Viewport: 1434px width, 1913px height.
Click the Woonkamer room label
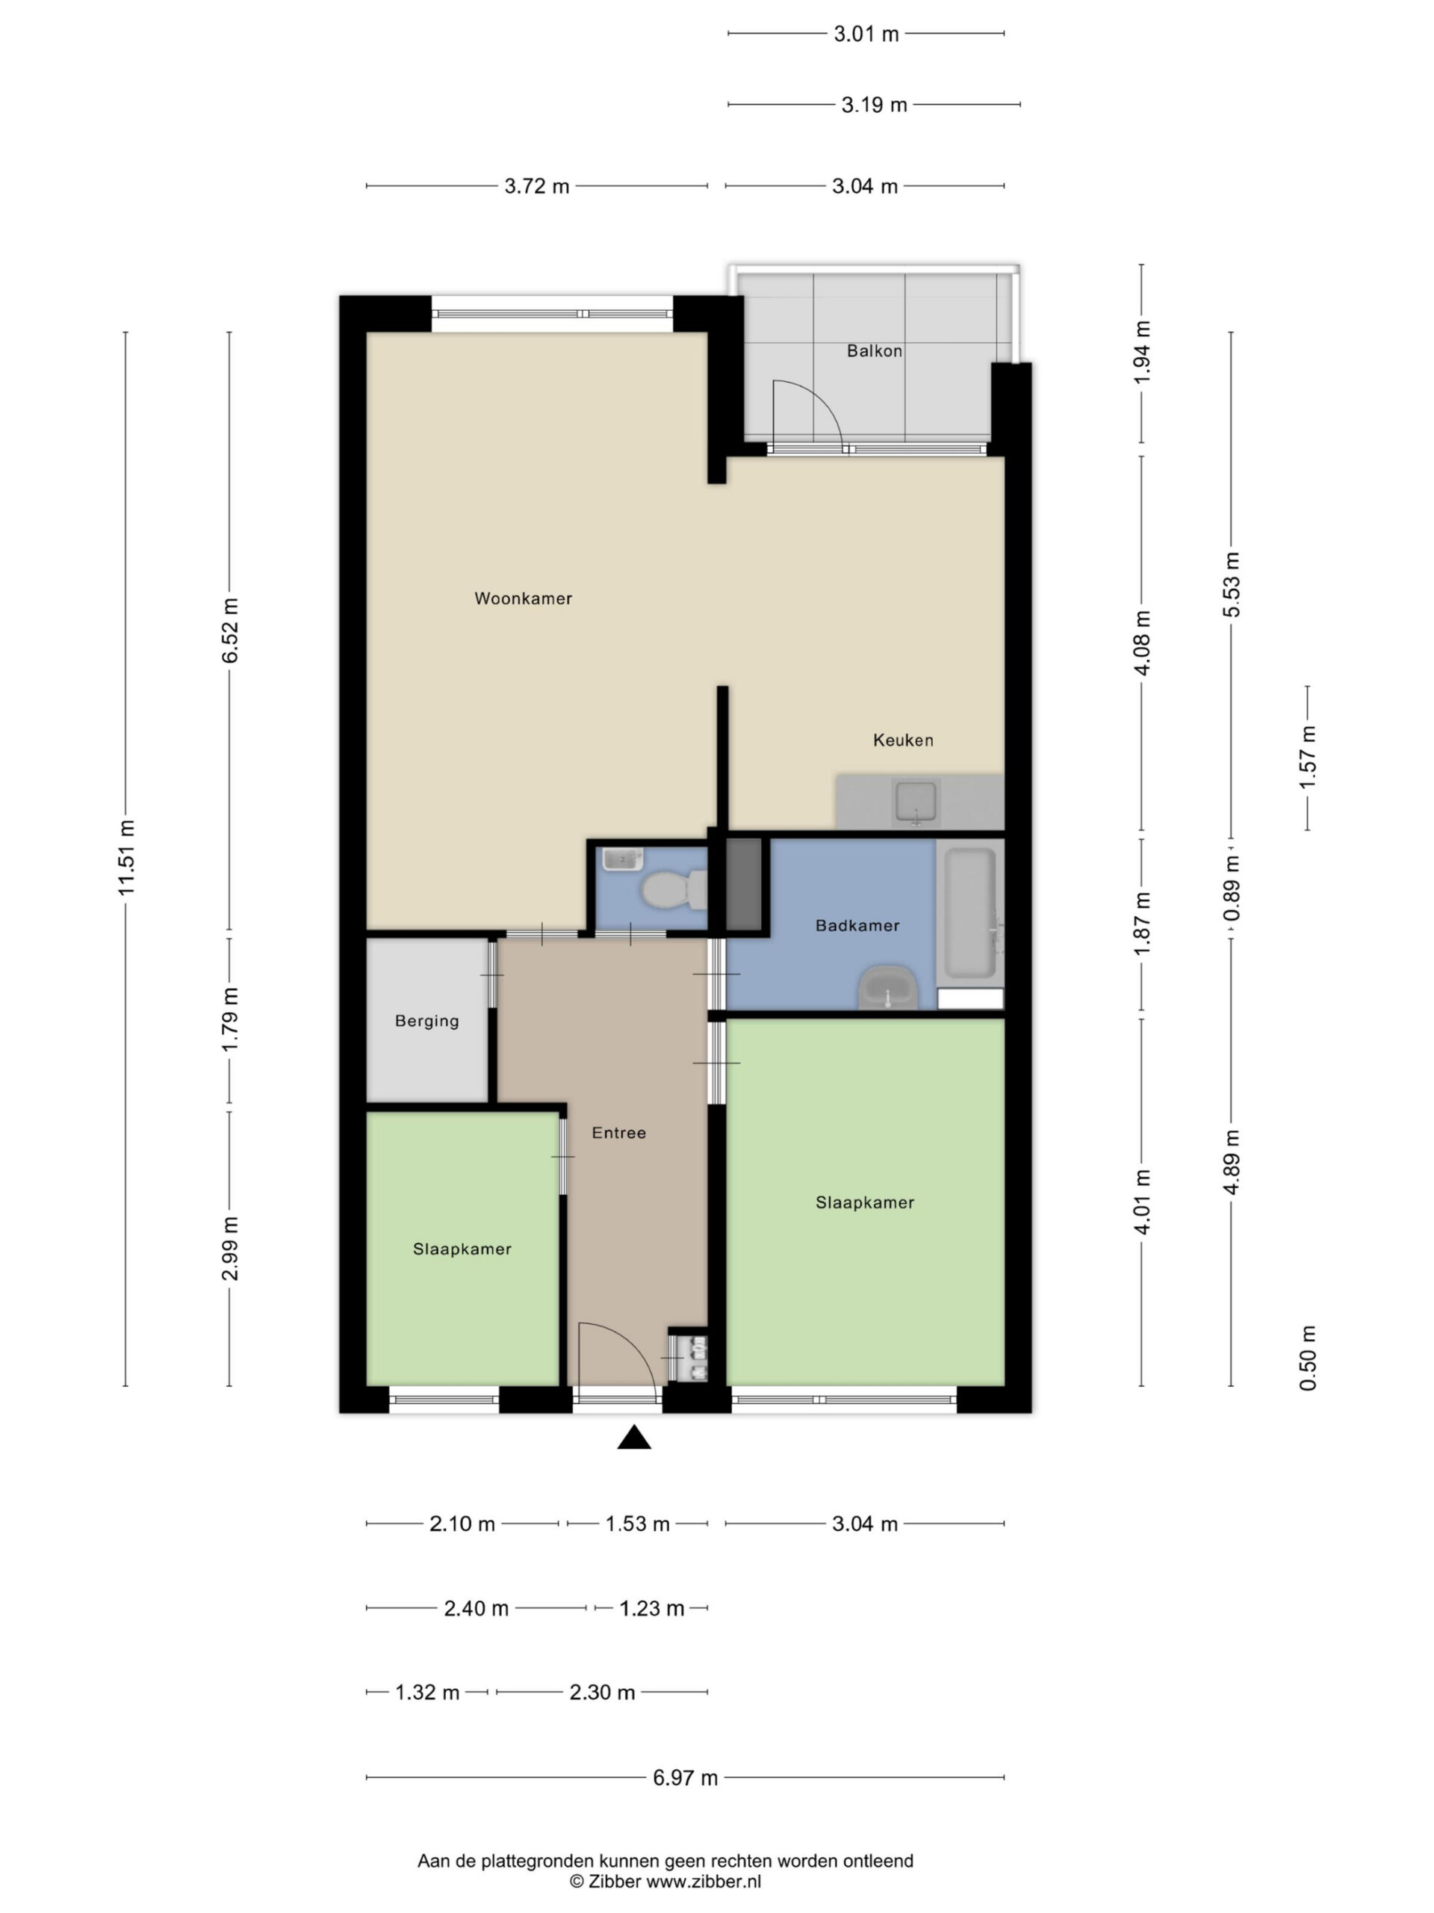click(x=523, y=599)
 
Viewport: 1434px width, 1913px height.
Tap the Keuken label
click(x=902, y=741)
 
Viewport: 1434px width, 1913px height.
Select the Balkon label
click(x=874, y=351)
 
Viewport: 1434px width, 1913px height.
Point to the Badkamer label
click(x=857, y=925)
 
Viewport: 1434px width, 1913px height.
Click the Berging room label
click(x=427, y=1022)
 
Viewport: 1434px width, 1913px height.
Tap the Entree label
click(x=619, y=1133)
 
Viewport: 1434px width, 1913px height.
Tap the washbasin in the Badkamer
click(x=888, y=988)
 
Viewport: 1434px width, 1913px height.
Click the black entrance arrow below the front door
click(x=633, y=1436)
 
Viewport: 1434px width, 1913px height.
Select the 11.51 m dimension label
click(x=127, y=858)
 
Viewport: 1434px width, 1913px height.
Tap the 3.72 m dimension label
click(x=537, y=186)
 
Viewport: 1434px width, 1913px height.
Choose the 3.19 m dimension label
click(x=874, y=105)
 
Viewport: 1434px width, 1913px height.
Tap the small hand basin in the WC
click(x=622, y=859)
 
